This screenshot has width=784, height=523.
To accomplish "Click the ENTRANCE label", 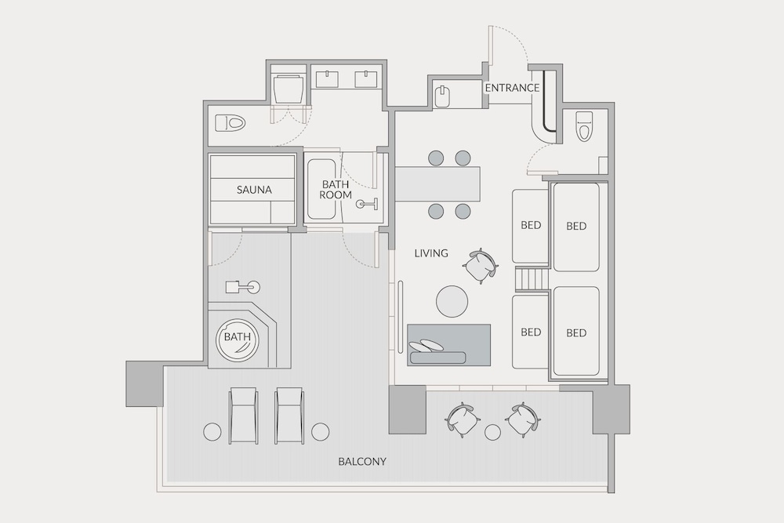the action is pos(512,88).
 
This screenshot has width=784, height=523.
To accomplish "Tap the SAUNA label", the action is pos(254,190).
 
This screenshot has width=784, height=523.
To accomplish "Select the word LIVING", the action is pos(431,253).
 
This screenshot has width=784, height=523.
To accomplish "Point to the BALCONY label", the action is pos(362,461).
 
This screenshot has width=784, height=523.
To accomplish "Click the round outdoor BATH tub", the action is pos(237,339).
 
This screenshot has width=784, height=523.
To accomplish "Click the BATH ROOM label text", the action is pos(336,190).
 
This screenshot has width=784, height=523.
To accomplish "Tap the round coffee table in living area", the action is pos(452,301).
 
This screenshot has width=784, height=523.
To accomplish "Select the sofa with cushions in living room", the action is pos(448,345).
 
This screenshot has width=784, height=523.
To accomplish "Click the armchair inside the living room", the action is pos(481,266).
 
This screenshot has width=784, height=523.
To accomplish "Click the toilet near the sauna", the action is pos(231,122).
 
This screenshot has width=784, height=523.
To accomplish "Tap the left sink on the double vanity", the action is pos(327,79).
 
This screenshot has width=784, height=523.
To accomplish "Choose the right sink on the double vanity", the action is pos(366,79).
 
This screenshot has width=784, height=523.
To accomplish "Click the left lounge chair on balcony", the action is pos(244,416).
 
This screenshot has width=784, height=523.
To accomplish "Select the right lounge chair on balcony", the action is pos(289,416).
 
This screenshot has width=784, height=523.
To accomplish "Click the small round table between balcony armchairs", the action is pos(492,432).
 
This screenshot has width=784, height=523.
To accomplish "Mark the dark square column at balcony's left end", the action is pos(144,383).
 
